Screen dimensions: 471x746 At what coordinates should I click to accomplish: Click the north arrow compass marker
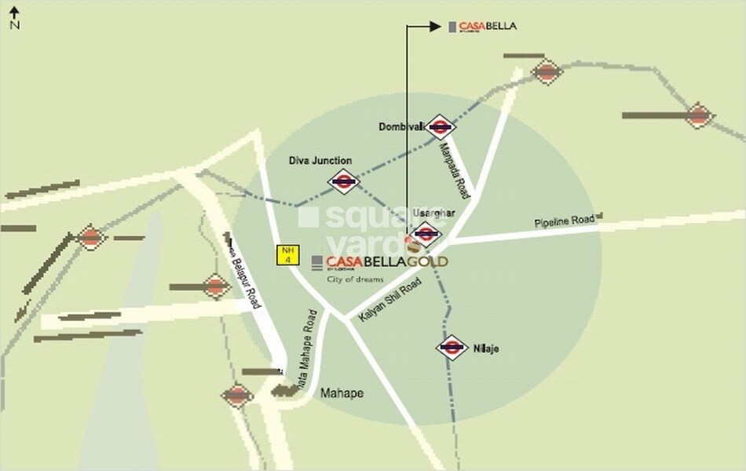pyautogui.click(x=14, y=16)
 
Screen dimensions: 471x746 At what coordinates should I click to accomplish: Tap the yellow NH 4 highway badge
pyautogui.click(x=286, y=254)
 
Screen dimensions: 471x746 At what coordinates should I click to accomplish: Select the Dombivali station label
pyautogui.click(x=401, y=126)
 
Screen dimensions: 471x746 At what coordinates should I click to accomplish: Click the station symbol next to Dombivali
pyautogui.click(x=440, y=126)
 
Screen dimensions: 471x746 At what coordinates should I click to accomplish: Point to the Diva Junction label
pyautogui.click(x=320, y=160)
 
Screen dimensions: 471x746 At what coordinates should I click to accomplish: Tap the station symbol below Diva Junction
pyautogui.click(x=344, y=182)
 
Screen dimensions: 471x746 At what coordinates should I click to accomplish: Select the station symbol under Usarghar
pyautogui.click(x=425, y=232)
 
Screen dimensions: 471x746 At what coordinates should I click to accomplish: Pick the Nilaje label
pyautogui.click(x=486, y=348)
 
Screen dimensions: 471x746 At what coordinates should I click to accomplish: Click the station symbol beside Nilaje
pyautogui.click(x=452, y=347)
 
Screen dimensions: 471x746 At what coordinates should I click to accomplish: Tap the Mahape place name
pyautogui.click(x=342, y=393)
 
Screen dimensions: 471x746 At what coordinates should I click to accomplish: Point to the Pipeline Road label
pyautogui.click(x=565, y=221)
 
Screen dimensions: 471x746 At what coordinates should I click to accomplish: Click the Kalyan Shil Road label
pyautogui.click(x=389, y=300)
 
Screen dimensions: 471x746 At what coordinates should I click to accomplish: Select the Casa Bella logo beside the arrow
pyautogui.click(x=483, y=26)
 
